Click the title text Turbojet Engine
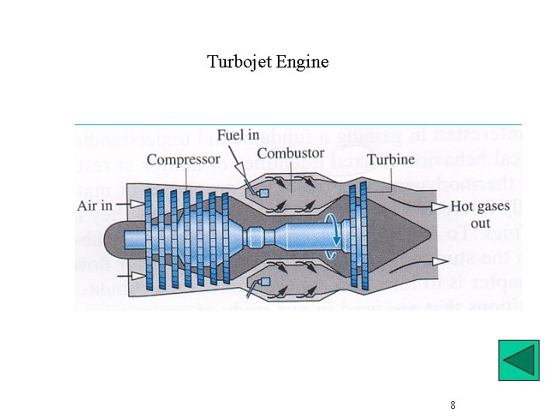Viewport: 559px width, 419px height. click(x=268, y=62)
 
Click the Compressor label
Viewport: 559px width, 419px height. click(x=183, y=161)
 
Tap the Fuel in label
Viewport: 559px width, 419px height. click(x=238, y=135)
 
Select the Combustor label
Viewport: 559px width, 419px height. click(x=290, y=154)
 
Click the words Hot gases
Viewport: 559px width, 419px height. click(x=480, y=206)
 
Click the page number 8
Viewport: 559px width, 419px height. click(x=453, y=405)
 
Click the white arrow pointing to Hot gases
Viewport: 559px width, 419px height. click(x=439, y=206)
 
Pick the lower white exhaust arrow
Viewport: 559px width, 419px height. click(x=439, y=262)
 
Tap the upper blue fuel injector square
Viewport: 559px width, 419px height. click(x=264, y=192)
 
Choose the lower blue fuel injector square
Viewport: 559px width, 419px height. click(x=264, y=281)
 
